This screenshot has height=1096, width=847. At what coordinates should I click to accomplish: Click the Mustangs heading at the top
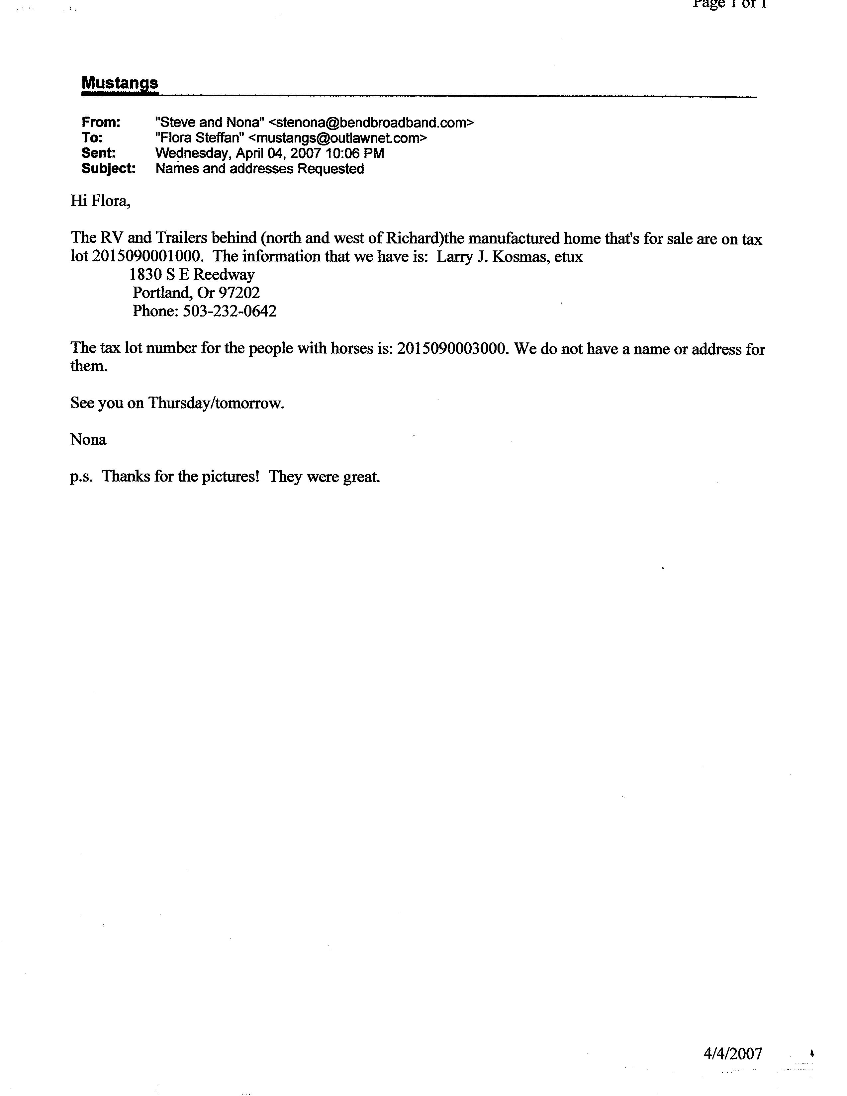tap(120, 83)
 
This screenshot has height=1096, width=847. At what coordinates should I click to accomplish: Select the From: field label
tap(101, 123)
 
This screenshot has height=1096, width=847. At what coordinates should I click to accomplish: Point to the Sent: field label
tap(98, 153)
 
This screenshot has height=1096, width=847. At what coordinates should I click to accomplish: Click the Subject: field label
tap(108, 169)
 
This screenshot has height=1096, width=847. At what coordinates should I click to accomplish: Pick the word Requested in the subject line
tap(331, 169)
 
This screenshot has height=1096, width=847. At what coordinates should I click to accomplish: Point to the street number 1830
tap(142, 275)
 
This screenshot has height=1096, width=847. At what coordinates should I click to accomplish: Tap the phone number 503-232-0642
tap(229, 311)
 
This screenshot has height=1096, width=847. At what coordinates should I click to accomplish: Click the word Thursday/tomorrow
tap(216, 403)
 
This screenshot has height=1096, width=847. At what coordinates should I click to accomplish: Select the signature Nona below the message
tap(88, 440)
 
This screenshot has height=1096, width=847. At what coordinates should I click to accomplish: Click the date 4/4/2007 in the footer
tap(733, 1053)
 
